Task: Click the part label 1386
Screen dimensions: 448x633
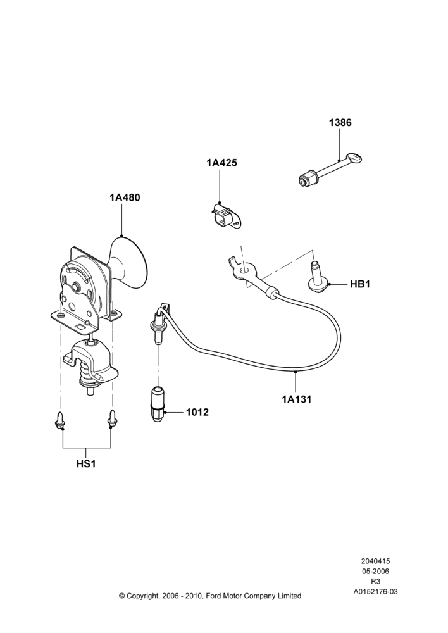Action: pos(340,122)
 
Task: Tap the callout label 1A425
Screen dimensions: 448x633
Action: pos(221,163)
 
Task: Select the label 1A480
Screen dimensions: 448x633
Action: pos(125,197)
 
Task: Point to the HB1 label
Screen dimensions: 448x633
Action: pos(360,284)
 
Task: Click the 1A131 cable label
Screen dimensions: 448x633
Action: pos(297,399)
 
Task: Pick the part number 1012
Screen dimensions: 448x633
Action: pos(197,412)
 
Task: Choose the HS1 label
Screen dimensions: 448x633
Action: pos(86,464)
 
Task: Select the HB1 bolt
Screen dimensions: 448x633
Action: pos(317,277)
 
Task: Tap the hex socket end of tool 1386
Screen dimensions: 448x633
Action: pos(307,179)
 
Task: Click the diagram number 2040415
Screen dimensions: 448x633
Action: pos(375,561)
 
